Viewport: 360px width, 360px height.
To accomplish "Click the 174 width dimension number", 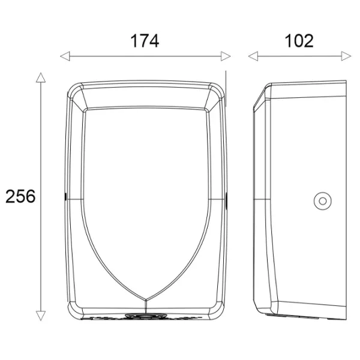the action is [145, 41].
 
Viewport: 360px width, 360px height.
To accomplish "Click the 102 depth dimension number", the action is [299, 41].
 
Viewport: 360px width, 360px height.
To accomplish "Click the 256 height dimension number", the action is [20, 197].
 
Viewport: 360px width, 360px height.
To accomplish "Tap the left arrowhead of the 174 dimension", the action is [65, 56].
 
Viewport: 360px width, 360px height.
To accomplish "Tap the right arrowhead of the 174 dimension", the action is [226, 56].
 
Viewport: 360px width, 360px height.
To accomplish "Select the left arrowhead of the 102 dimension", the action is [253, 56].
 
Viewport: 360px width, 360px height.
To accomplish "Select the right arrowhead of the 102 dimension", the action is [346, 56].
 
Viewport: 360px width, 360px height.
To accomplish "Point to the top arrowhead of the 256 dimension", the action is [41, 77].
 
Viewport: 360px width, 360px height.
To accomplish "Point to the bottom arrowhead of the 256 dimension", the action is [41, 316].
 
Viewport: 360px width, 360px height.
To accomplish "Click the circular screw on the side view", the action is [323, 201].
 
